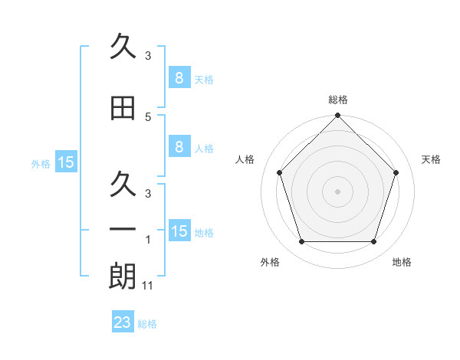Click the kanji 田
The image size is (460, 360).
(123, 107)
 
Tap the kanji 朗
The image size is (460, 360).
(123, 277)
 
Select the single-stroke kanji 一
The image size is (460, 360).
(123, 230)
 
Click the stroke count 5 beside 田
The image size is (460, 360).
(148, 117)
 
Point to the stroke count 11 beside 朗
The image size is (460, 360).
(149, 286)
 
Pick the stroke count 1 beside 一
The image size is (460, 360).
(148, 240)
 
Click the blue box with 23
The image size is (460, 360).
(123, 322)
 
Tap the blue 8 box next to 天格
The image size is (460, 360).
(179, 78)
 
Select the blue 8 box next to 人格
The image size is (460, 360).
(179, 148)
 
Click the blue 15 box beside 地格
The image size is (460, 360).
(179, 231)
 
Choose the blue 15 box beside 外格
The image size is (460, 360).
(66, 162)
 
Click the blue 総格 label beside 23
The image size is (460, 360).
(148, 324)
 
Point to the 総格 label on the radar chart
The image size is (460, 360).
(337, 100)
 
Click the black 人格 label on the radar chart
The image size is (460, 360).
(245, 159)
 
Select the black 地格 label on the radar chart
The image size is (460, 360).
(402, 263)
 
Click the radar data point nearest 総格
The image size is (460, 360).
(337, 116)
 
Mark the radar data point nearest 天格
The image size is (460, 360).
(396, 172)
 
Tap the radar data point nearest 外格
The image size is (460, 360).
(301, 242)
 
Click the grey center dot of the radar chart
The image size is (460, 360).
(337, 191)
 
